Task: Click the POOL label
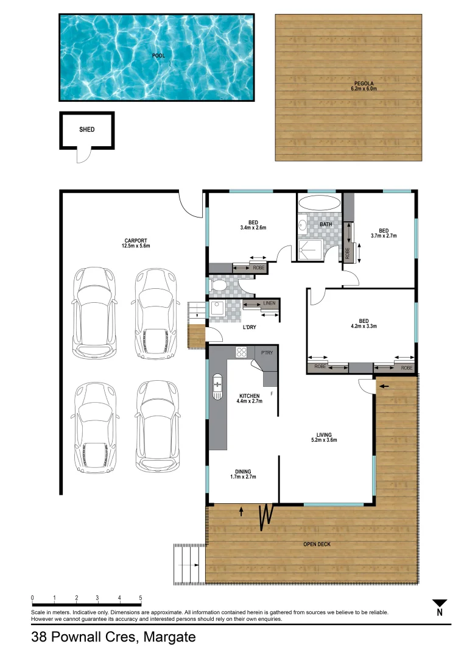[158, 55]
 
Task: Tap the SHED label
[86, 130]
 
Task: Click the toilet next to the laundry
[217, 285]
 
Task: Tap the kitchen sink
[218, 385]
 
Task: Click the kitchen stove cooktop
[241, 352]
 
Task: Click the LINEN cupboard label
[269, 303]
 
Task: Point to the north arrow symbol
[439, 604]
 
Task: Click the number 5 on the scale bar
[141, 598]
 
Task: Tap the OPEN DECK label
[317, 544]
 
